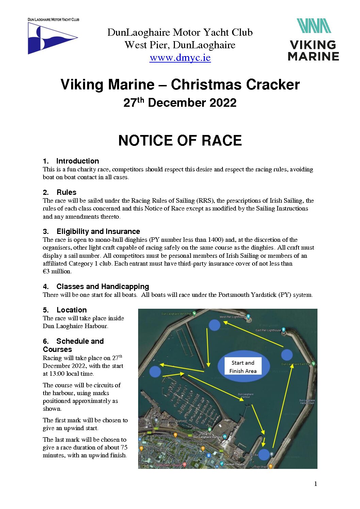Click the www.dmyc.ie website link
coord(180,57)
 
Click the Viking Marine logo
coord(313,40)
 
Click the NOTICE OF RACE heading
coord(180,140)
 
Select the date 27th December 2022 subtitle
coord(180,103)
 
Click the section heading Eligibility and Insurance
coord(98,232)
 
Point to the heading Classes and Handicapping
coord(102,287)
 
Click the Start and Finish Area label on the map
coord(243,367)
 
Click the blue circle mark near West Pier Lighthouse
coord(214,325)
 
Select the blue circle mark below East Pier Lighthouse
coord(287,355)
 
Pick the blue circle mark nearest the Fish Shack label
coord(264,455)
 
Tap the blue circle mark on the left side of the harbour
coord(155,371)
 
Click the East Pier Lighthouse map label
coord(268,330)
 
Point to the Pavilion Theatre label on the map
coord(234,464)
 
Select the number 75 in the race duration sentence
coord(124,447)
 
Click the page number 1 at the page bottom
coord(315,484)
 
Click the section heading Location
coord(71,310)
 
